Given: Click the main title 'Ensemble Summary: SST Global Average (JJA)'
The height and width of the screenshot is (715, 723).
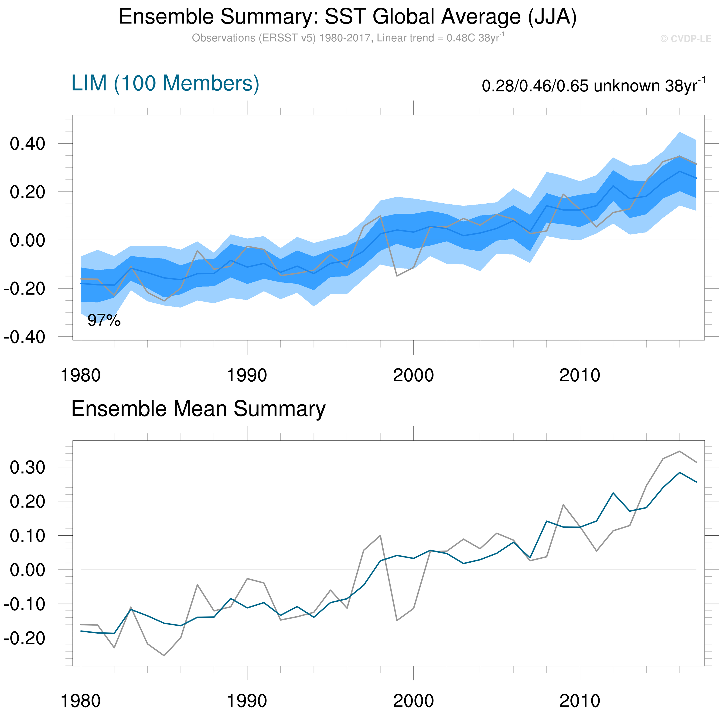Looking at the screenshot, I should [x=348, y=17].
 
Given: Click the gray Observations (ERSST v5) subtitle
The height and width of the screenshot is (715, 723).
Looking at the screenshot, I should [x=348, y=38].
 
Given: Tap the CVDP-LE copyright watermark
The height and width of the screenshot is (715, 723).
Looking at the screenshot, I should [x=685, y=39].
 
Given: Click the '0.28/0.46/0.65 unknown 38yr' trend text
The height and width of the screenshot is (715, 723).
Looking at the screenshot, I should [x=593, y=86].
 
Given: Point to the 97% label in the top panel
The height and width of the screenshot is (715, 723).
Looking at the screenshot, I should [x=104, y=321].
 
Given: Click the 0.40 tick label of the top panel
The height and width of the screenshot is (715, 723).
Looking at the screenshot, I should [x=27, y=144].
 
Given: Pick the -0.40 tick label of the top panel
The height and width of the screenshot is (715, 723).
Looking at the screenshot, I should [x=25, y=337].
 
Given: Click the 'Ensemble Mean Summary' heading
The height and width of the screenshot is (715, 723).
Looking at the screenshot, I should [x=198, y=409].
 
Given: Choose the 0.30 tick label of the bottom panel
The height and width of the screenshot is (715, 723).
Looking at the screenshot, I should [x=27, y=468].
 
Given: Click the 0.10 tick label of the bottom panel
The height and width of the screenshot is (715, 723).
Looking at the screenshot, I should [x=27, y=536].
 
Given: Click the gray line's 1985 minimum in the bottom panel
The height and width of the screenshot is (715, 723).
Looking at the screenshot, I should [x=164, y=656].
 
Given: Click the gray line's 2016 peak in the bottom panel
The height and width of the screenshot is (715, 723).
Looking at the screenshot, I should [x=680, y=451].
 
